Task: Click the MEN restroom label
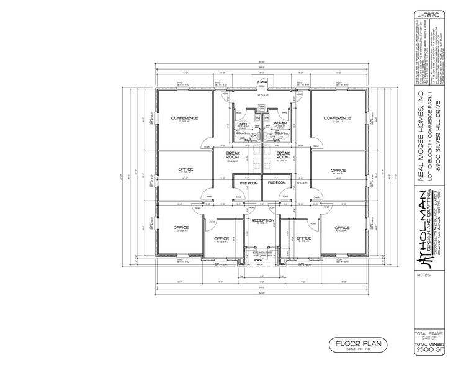[244, 124]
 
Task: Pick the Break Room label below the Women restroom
[283, 155]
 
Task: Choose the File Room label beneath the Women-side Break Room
[276, 183]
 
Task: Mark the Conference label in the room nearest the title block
[338, 117]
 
